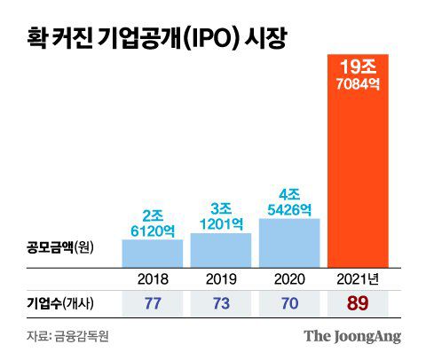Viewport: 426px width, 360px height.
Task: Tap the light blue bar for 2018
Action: coord(152,252)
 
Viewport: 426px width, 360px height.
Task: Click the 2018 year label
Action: coord(152,278)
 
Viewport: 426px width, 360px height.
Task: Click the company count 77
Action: coord(152,304)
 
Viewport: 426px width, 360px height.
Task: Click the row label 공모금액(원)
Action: coord(58,245)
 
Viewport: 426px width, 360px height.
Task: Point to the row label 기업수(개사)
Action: coord(59,304)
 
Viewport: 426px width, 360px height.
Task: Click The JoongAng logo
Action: coord(352,336)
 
